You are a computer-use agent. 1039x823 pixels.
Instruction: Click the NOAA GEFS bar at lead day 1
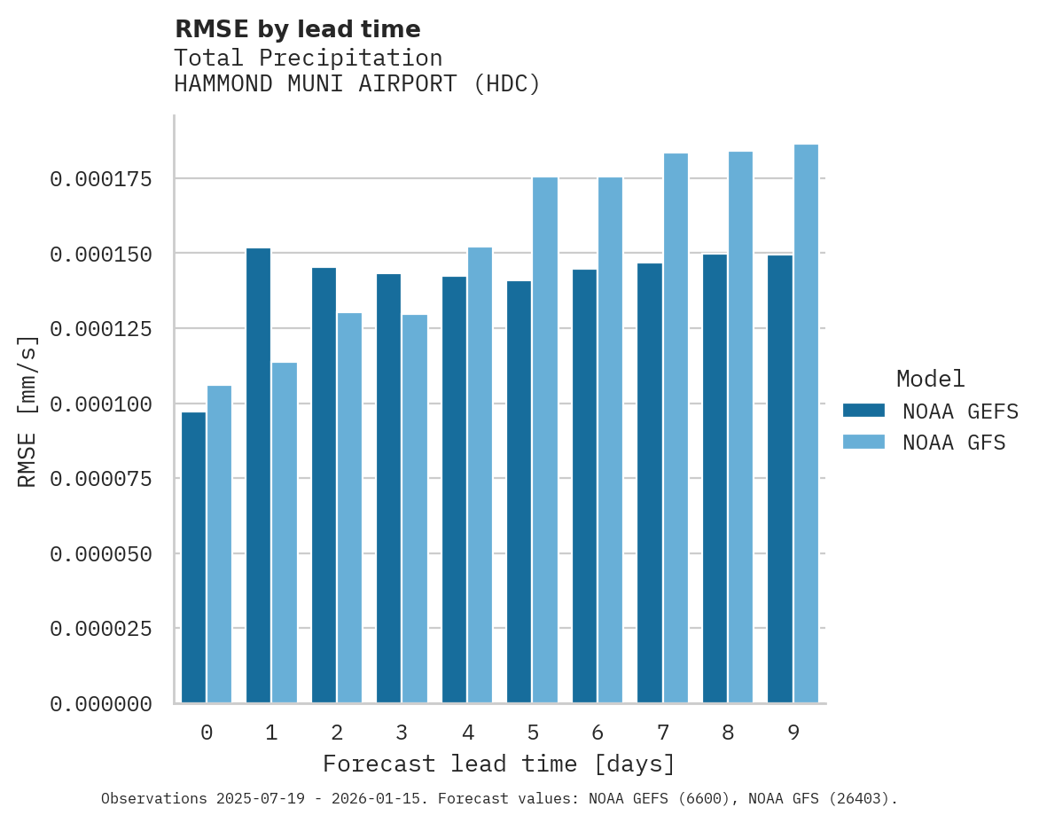pyautogui.click(x=258, y=475)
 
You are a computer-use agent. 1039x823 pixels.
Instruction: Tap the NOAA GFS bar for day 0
pyautogui.click(x=219, y=545)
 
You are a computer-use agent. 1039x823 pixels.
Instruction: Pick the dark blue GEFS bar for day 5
pyautogui.click(x=519, y=492)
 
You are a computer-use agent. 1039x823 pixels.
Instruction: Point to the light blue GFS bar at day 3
pyautogui.click(x=415, y=509)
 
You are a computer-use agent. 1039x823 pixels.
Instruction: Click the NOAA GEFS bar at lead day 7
pyautogui.click(x=650, y=483)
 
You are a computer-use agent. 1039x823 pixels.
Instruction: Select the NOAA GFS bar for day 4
pyautogui.click(x=480, y=475)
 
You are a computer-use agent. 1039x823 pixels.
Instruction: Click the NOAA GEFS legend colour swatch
pyautogui.click(x=863, y=411)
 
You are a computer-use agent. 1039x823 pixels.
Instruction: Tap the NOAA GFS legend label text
pyautogui.click(x=954, y=443)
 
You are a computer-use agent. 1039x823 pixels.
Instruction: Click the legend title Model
pyautogui.click(x=930, y=379)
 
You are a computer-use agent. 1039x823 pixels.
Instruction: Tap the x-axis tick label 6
pyautogui.click(x=598, y=733)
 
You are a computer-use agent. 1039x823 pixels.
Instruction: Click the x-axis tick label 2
pyautogui.click(x=337, y=733)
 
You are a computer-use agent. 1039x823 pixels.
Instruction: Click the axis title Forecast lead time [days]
pyautogui.click(x=499, y=764)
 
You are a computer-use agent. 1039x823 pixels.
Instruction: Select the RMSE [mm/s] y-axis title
pyautogui.click(x=28, y=411)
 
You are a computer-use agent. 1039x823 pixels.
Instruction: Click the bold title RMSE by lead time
pyautogui.click(x=297, y=29)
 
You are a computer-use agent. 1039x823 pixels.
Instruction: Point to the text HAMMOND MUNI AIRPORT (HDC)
pyautogui.click(x=356, y=84)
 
